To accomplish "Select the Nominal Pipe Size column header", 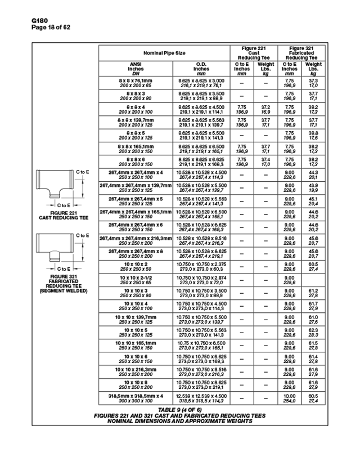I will click(x=164, y=53).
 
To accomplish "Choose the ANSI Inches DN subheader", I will click(x=135, y=69).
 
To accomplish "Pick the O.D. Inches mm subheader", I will click(x=201, y=69).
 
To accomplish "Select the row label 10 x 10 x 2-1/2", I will click(x=135, y=280).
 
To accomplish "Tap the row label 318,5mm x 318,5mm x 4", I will click(x=135, y=398).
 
